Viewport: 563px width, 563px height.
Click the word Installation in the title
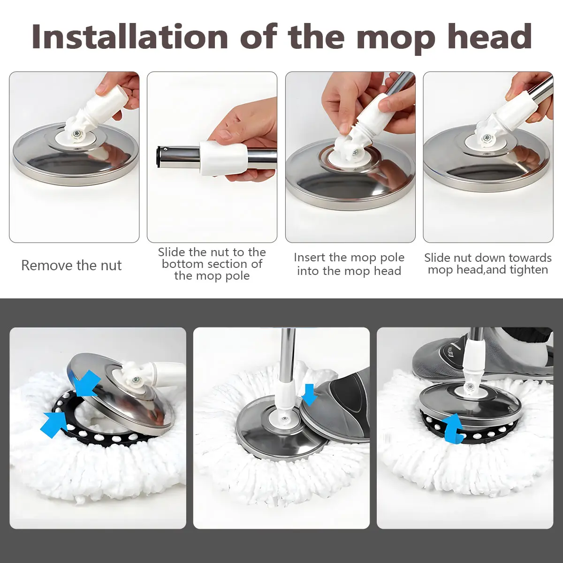[x=129, y=37]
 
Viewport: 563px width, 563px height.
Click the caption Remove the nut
[x=71, y=266]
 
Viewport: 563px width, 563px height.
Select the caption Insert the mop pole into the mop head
[x=349, y=264]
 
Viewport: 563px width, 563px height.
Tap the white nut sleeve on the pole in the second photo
[x=223, y=159]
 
